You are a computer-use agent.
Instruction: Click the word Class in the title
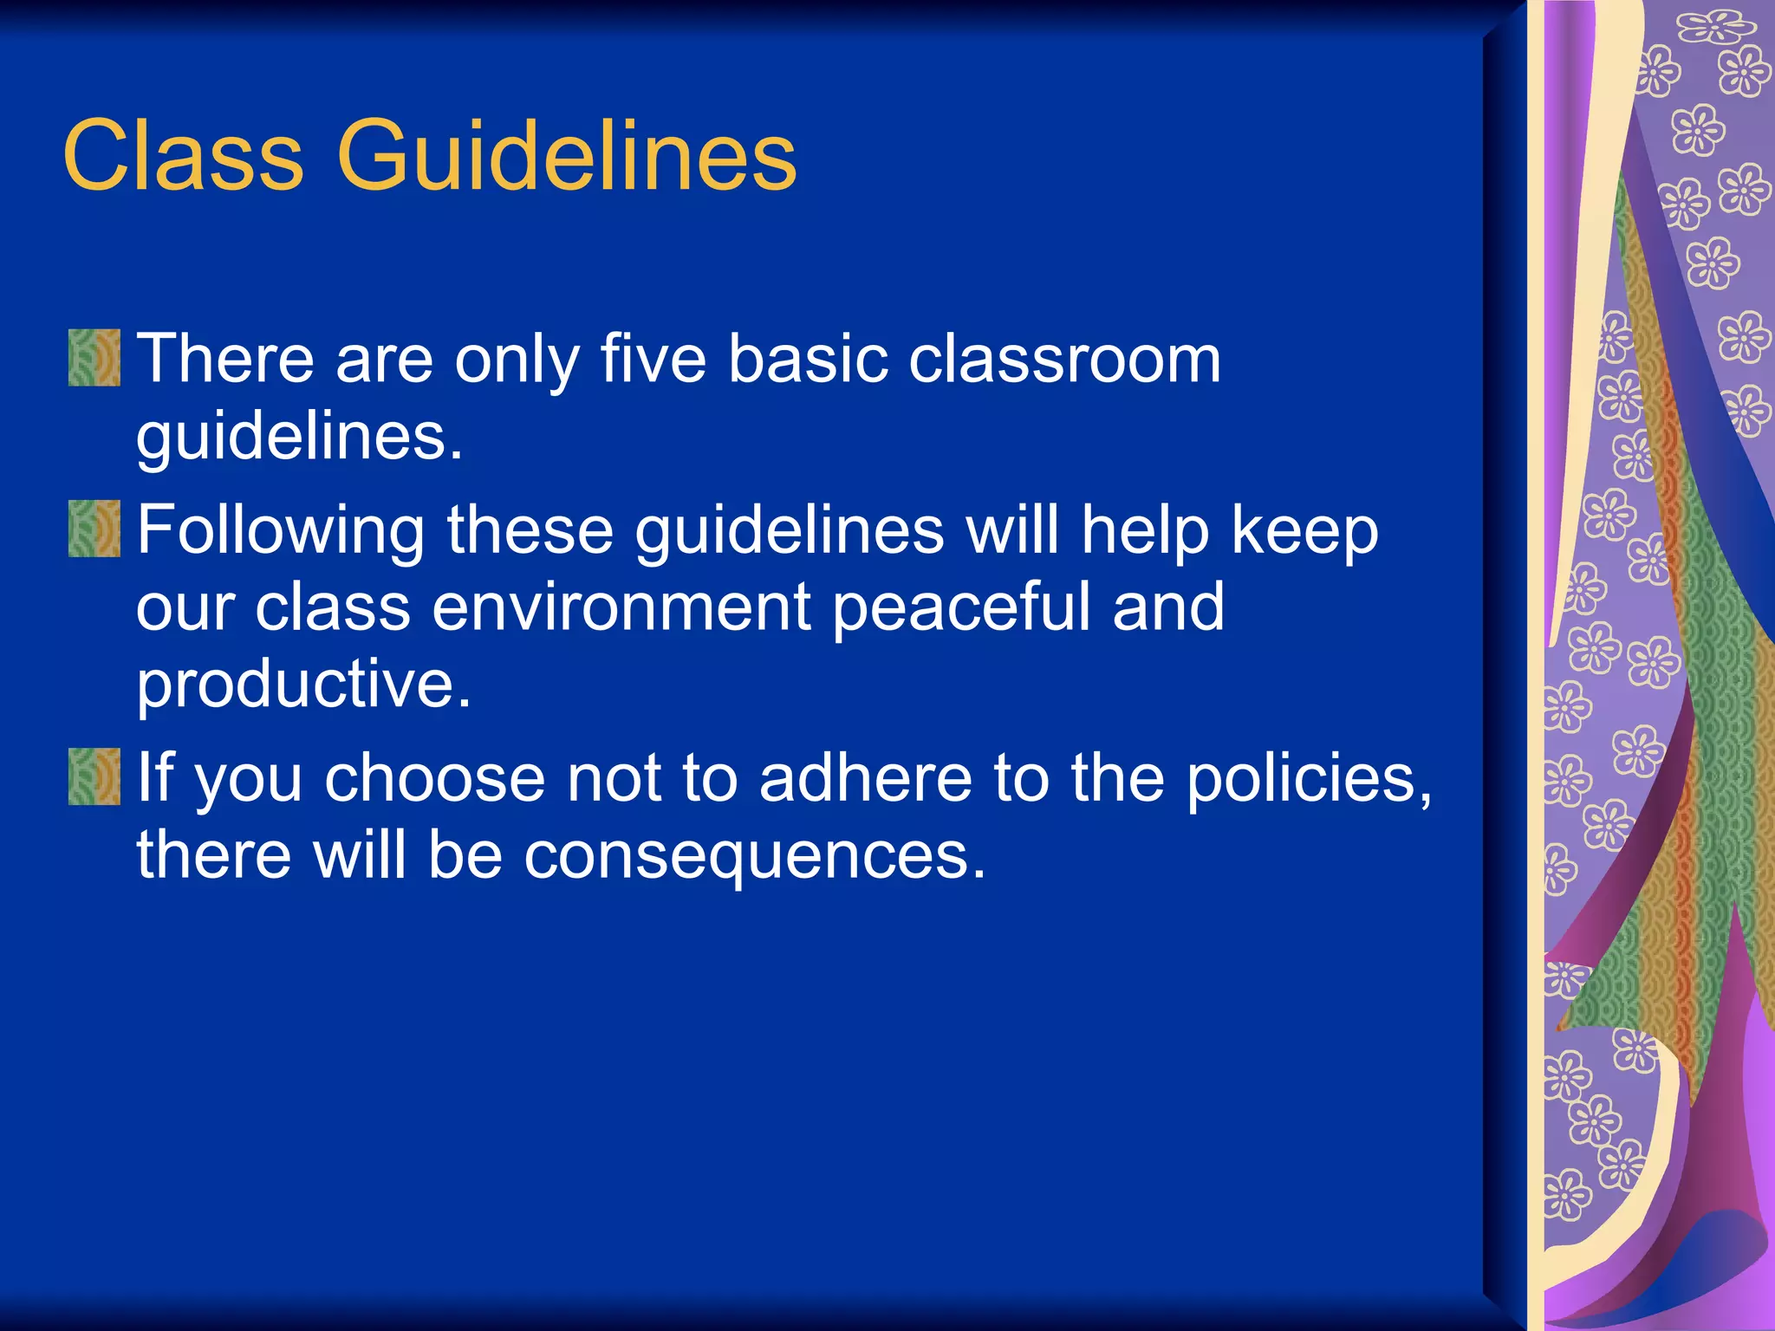point(183,156)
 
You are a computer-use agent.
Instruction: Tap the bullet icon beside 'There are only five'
point(94,357)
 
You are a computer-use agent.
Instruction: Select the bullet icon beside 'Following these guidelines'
point(94,529)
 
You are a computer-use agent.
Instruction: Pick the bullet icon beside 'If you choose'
point(94,776)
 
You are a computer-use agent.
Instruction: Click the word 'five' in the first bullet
point(653,359)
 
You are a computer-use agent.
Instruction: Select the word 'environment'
point(621,607)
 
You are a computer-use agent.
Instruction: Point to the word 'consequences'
point(754,854)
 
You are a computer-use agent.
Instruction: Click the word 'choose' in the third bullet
point(434,777)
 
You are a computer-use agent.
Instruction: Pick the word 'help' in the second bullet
point(1145,530)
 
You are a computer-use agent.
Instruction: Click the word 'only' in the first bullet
point(517,359)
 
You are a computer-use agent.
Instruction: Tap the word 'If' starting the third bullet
point(155,777)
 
